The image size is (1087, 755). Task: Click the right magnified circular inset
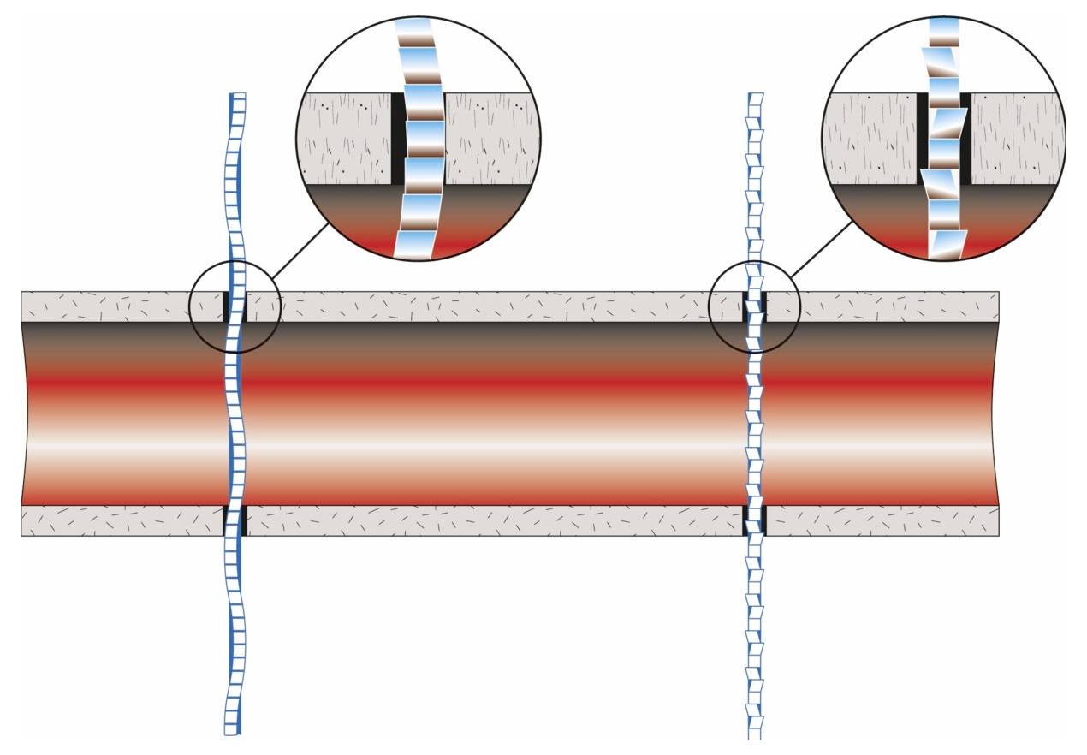pyautogui.click(x=943, y=137)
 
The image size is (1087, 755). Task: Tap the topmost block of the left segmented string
pyautogui.click(x=239, y=98)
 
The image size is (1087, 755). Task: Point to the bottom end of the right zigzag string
pyautogui.click(x=755, y=733)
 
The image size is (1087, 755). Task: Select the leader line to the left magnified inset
pyautogui.click(x=301, y=250)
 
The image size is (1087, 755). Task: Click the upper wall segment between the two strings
pyautogui.click(x=492, y=306)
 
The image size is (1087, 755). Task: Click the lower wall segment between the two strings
pyautogui.click(x=492, y=520)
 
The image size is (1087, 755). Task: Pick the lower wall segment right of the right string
pyautogui.click(x=882, y=520)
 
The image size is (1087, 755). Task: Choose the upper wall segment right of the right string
pyautogui.click(x=882, y=306)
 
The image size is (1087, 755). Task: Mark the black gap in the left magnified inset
pyautogui.click(x=398, y=137)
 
